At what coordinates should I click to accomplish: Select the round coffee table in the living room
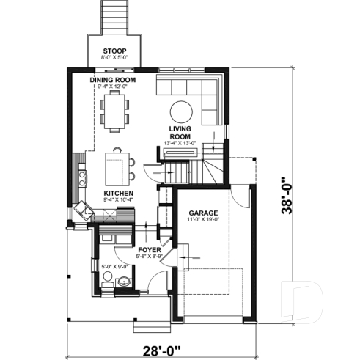[182, 112]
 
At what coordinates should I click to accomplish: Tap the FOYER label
[149, 250]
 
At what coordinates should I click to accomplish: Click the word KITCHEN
[117, 192]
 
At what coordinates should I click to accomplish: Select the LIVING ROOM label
[180, 131]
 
